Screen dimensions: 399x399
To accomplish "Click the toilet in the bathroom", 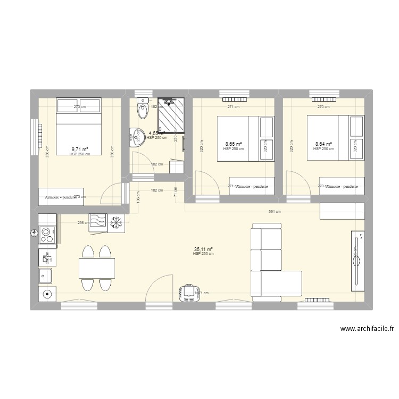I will coord(142,110).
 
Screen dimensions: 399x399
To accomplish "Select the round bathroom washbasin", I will coord(136,137).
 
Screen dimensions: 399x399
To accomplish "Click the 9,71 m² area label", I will coord(80,150).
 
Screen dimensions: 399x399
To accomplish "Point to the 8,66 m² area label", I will coord(234,144).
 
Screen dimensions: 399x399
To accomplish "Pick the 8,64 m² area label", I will coord(323,144).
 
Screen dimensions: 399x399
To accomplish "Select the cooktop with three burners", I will coord(47,235).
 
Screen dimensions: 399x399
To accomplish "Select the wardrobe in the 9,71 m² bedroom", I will coord(61,197).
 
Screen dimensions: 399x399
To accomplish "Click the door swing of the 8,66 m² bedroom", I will coord(205,184).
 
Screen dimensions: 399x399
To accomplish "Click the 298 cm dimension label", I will coord(83,223).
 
